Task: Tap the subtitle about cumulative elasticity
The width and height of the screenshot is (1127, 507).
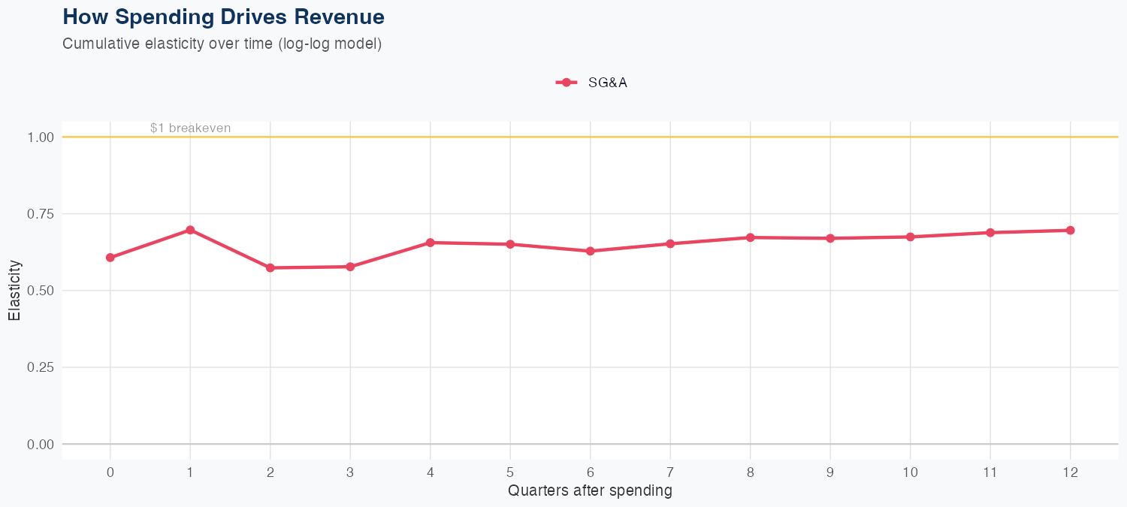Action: pos(222,44)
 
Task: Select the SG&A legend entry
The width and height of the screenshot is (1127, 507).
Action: pos(592,83)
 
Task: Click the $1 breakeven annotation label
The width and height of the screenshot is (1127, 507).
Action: pos(190,128)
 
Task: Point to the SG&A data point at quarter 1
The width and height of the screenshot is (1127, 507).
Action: pos(190,230)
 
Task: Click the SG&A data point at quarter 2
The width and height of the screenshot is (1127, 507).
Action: pos(270,267)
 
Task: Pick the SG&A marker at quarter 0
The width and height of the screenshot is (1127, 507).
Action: pos(110,258)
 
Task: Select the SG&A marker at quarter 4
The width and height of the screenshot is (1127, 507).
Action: pos(431,243)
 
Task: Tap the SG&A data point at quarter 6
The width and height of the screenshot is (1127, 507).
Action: pos(591,251)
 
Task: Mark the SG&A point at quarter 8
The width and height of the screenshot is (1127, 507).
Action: pos(750,237)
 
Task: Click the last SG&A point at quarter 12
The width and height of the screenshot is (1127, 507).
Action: pos(1070,231)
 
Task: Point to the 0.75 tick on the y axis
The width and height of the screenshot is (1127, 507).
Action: pos(40,214)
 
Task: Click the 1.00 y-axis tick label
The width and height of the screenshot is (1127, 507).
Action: pos(40,137)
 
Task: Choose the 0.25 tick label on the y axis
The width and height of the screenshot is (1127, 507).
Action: pos(40,367)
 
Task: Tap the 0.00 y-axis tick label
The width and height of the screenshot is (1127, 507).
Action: pos(40,445)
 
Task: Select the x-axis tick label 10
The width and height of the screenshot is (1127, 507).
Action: pos(910,472)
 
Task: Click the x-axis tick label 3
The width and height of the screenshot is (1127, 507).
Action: pos(350,472)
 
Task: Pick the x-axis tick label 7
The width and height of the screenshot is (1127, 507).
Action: pos(670,472)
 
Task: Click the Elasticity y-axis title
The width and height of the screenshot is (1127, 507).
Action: pos(14,291)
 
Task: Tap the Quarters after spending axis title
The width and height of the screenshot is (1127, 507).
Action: pos(590,491)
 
